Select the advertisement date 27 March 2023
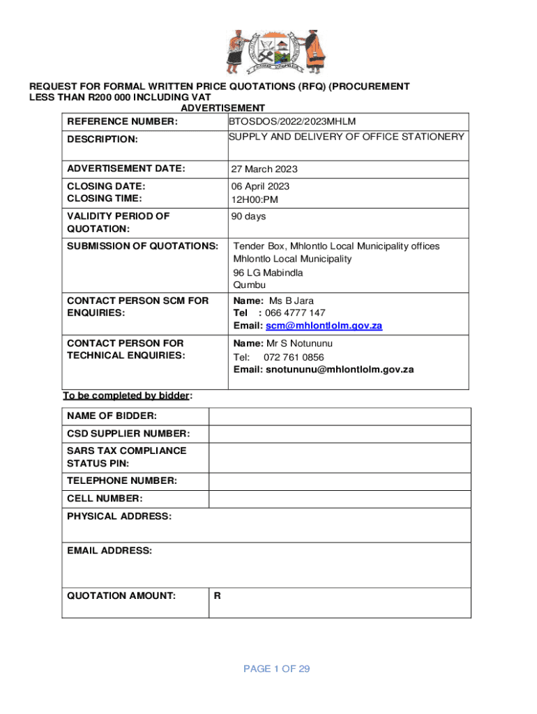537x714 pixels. tap(265, 169)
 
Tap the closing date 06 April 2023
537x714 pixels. tap(262, 186)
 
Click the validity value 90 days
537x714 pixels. tap(249, 217)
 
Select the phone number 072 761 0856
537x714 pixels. tap(294, 357)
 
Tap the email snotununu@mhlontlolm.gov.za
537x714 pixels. tap(339, 370)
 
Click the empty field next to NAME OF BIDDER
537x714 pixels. tap(340, 416)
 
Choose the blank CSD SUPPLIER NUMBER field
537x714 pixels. tap(340, 434)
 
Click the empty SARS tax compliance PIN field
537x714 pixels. tap(340, 457)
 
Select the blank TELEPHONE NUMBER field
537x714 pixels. tap(340, 481)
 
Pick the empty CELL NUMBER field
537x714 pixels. tap(340, 499)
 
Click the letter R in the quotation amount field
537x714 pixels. tap(218, 596)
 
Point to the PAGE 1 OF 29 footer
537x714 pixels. tap(276, 669)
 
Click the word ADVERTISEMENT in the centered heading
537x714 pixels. tap(222, 108)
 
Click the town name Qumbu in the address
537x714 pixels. tap(250, 285)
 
